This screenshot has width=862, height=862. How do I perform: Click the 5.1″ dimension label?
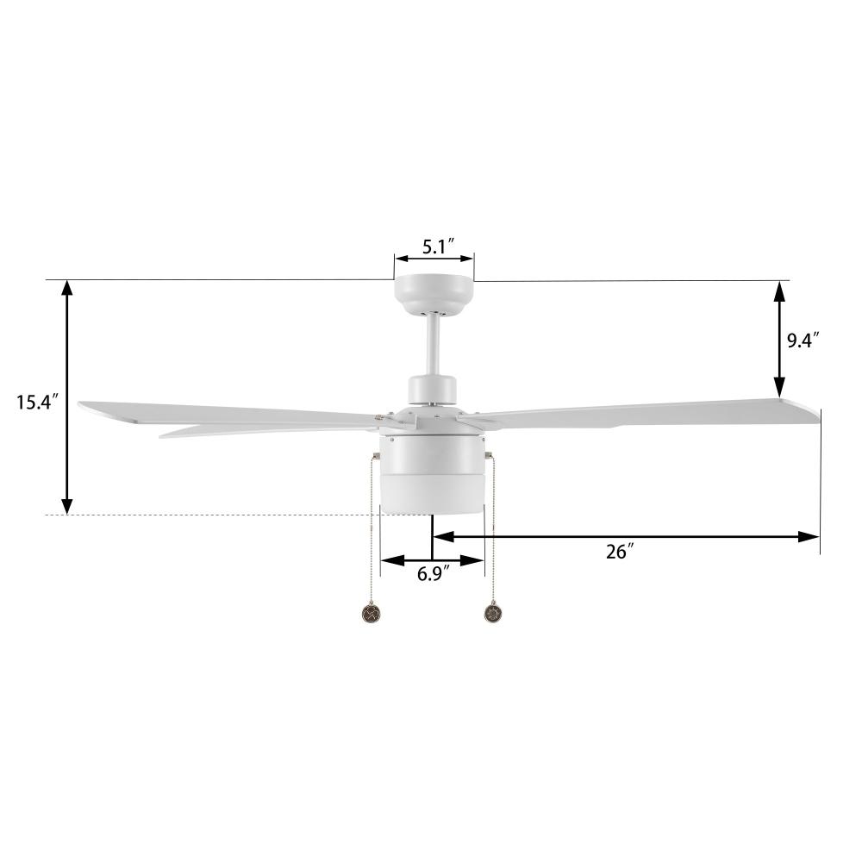coord(434,247)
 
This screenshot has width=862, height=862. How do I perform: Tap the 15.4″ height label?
coord(36,402)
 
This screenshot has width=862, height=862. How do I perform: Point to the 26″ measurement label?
coord(618,553)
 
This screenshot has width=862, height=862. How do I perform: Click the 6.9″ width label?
coord(434,574)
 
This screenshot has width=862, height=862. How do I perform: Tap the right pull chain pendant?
coord(493,614)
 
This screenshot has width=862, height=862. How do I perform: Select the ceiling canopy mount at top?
coord(434,294)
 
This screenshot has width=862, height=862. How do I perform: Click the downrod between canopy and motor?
coord(434,345)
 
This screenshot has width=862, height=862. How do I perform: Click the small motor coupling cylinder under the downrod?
coord(433,389)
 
